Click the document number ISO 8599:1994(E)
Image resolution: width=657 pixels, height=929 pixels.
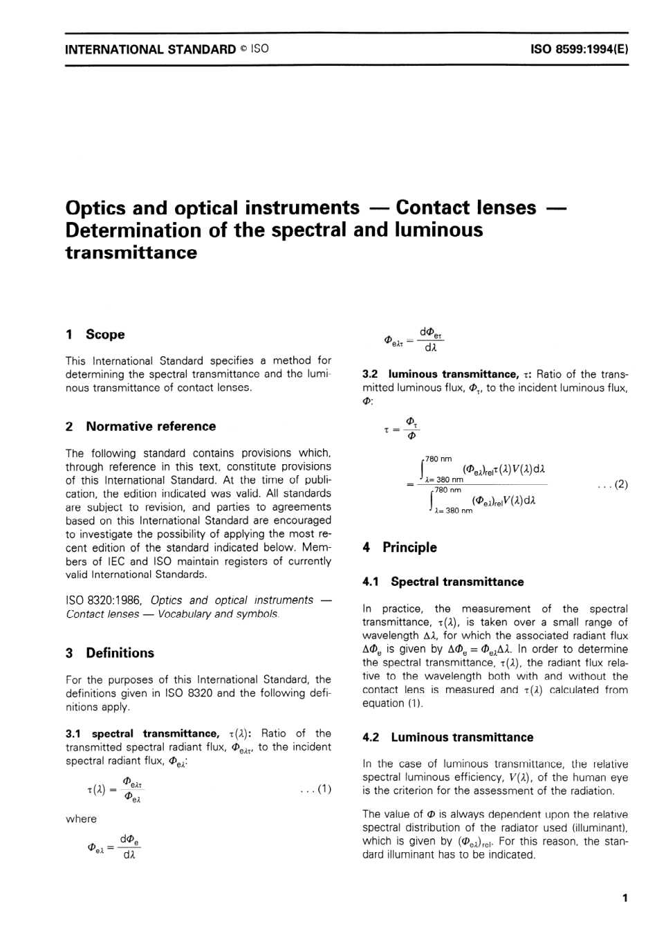(x=579, y=49)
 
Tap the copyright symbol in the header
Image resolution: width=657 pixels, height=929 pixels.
(x=244, y=49)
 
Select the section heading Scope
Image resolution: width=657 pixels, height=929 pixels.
(x=105, y=335)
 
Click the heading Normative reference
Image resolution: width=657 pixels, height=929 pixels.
(x=151, y=427)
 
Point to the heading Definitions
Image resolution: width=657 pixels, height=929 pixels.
(x=120, y=653)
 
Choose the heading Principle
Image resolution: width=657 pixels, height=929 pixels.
(x=409, y=548)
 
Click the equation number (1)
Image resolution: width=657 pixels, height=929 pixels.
(x=324, y=789)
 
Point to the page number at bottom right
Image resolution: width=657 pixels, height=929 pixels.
(x=624, y=899)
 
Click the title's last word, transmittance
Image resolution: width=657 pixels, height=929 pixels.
(x=131, y=252)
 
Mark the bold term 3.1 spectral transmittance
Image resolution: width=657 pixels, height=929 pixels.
(x=142, y=733)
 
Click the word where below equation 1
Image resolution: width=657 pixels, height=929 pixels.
(x=81, y=819)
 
